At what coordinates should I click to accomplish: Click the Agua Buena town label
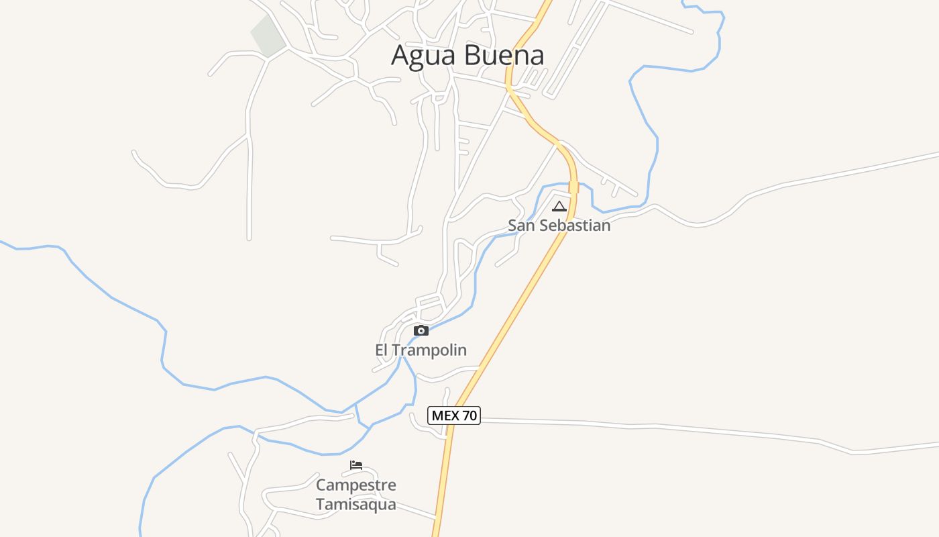pyautogui.click(x=467, y=55)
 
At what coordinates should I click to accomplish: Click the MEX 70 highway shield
pyautogui.click(x=454, y=416)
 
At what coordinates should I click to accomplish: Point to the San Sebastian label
pyautogui.click(x=559, y=226)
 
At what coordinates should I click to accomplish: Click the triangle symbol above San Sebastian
pyautogui.click(x=559, y=206)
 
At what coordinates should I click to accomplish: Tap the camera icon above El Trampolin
pyautogui.click(x=421, y=330)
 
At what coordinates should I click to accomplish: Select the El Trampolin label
pyautogui.click(x=421, y=350)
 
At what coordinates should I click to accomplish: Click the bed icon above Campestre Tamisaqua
pyautogui.click(x=356, y=465)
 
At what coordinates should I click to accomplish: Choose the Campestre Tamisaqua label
pyautogui.click(x=356, y=494)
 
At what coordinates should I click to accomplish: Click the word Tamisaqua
pyautogui.click(x=356, y=504)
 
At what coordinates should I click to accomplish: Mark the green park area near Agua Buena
pyautogui.click(x=268, y=36)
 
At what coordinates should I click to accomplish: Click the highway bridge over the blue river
pyautogui.click(x=573, y=187)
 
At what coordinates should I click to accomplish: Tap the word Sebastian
pyautogui.click(x=575, y=226)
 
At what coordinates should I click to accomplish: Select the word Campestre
pyautogui.click(x=356, y=485)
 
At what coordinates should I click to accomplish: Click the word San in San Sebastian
pyautogui.click(x=522, y=226)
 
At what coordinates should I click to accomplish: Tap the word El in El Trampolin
pyautogui.click(x=381, y=350)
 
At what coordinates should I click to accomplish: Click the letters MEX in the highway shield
pyautogui.click(x=445, y=416)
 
